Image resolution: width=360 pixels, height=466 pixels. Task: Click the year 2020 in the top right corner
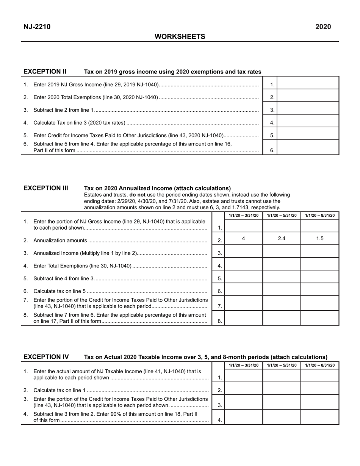[x=323, y=27]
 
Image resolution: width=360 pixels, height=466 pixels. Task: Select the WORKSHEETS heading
[x=180, y=36]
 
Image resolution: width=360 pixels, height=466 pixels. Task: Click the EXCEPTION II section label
[x=45, y=71]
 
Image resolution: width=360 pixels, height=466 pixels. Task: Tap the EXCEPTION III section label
[x=46, y=188]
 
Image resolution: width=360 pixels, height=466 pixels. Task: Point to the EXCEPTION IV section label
[x=46, y=357]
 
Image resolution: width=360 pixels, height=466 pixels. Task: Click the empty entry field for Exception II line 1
[x=308, y=83]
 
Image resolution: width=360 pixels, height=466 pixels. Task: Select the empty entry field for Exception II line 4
[x=308, y=121]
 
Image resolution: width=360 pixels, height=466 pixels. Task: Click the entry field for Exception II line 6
[x=308, y=147]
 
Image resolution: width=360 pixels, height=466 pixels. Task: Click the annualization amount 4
[x=243, y=238]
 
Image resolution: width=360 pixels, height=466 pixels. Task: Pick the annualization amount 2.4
[x=282, y=238]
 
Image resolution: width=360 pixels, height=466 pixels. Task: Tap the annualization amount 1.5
[x=320, y=238]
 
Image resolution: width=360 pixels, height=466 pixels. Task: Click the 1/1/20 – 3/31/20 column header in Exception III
[x=244, y=216]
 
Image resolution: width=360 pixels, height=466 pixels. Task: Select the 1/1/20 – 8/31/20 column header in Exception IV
[x=320, y=365]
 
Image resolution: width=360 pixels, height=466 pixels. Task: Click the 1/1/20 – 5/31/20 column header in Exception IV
[x=282, y=365]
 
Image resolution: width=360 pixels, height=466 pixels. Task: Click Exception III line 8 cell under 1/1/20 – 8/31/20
[x=320, y=318]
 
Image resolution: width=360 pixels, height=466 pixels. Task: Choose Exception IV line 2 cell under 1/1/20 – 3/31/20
[x=244, y=388]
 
